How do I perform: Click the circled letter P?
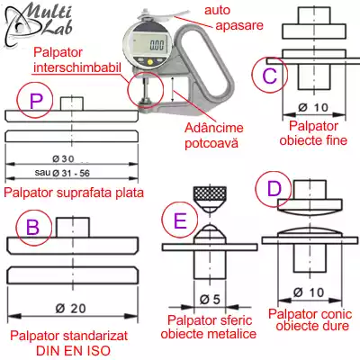(x=35, y=103)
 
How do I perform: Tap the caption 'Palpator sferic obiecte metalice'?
(x=207, y=327)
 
